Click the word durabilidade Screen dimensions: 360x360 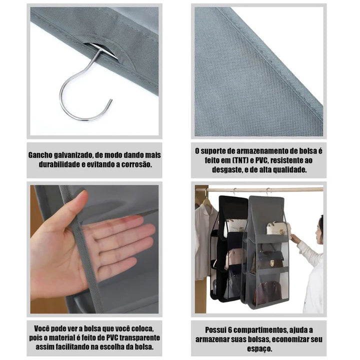click(x=55, y=164)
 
